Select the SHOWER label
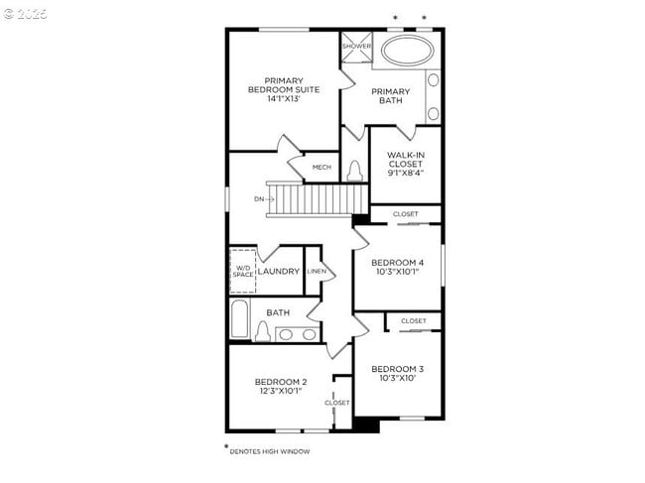click(x=356, y=47)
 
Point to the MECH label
click(x=322, y=167)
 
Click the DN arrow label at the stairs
click(x=261, y=199)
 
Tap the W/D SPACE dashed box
click(x=244, y=271)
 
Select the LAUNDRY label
click(x=279, y=271)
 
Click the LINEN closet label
click(x=316, y=271)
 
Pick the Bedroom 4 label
click(x=397, y=262)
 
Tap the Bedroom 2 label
click(x=281, y=381)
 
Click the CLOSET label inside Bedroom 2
click(x=337, y=403)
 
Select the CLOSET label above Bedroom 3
click(x=414, y=321)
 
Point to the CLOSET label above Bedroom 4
click(x=405, y=214)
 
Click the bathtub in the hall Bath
click(x=239, y=319)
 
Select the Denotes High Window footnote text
click(x=270, y=451)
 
